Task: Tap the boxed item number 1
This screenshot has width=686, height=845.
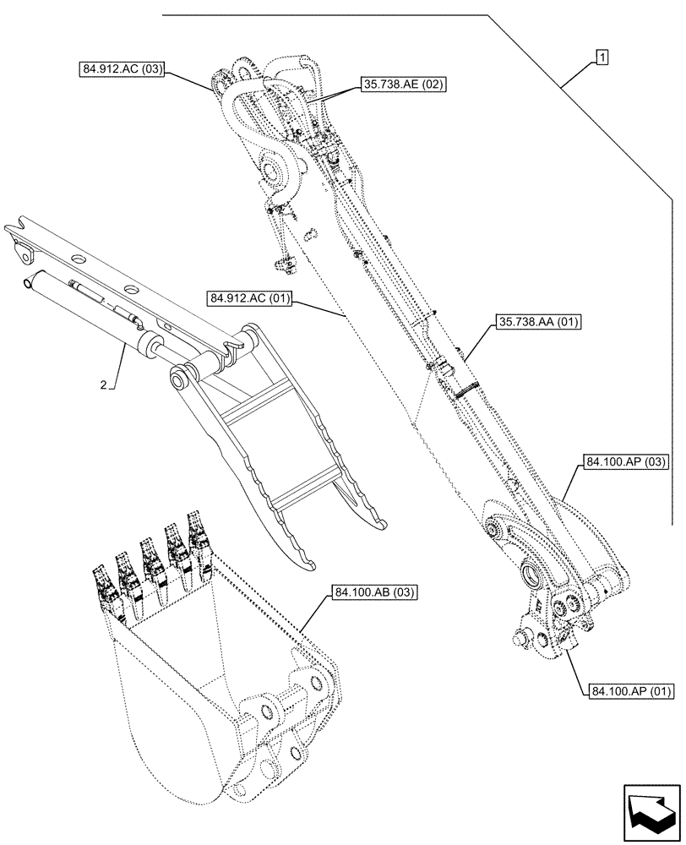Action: [602, 57]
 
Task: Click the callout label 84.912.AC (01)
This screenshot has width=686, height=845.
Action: [247, 298]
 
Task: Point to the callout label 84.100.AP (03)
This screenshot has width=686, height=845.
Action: [626, 463]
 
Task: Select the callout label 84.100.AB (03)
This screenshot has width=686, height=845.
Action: [374, 592]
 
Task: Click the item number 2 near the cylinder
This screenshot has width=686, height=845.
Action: [103, 385]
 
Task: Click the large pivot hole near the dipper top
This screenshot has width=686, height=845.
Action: [275, 173]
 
